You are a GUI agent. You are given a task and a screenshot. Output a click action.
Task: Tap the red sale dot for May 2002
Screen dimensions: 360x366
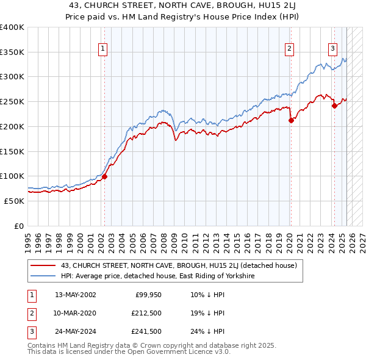point(104,176)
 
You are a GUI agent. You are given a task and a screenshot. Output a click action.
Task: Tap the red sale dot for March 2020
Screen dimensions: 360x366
point(291,120)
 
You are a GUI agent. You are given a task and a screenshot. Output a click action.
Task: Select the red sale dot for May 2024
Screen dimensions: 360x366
point(334,106)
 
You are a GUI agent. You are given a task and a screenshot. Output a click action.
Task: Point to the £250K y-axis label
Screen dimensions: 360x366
point(12,101)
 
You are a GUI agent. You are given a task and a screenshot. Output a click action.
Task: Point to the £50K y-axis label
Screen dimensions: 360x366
point(15,201)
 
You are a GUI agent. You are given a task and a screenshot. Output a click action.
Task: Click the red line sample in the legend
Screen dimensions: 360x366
point(43,265)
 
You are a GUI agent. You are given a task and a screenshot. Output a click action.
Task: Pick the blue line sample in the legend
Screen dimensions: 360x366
point(43,276)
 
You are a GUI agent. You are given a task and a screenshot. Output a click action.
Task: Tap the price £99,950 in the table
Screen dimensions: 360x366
point(148,295)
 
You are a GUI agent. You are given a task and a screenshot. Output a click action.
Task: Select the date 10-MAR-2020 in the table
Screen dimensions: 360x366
point(75,314)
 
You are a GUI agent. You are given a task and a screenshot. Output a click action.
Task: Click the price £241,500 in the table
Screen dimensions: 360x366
point(148,332)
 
